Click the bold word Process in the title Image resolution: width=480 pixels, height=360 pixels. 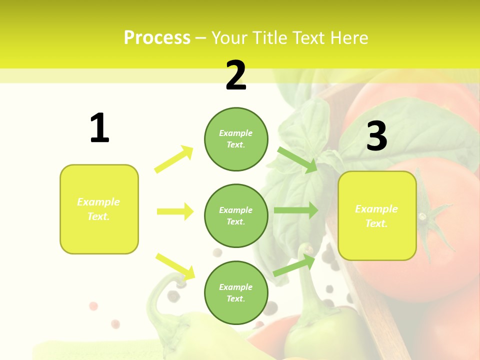coord(157,38)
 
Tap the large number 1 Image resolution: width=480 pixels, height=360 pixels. coord(99,128)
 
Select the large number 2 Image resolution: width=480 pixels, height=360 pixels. coord(236,76)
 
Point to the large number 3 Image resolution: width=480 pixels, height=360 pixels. coord(376,136)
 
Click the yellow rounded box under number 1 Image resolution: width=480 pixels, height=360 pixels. coord(99,209)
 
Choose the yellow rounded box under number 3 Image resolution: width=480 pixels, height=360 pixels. coord(377,215)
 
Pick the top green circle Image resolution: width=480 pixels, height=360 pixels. coord(236,139)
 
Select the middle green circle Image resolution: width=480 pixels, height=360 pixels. coord(236,215)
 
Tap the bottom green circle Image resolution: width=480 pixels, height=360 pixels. coord(236,292)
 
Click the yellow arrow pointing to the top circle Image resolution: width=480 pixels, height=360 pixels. coord(174,159)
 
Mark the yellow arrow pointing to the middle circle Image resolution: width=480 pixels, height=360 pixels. coord(175,211)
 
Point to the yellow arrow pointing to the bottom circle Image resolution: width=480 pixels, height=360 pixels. coord(175,266)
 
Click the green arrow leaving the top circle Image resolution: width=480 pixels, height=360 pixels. coord(297,160)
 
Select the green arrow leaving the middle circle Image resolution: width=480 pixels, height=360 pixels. coord(295,210)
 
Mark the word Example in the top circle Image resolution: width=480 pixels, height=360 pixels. coord(236,133)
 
